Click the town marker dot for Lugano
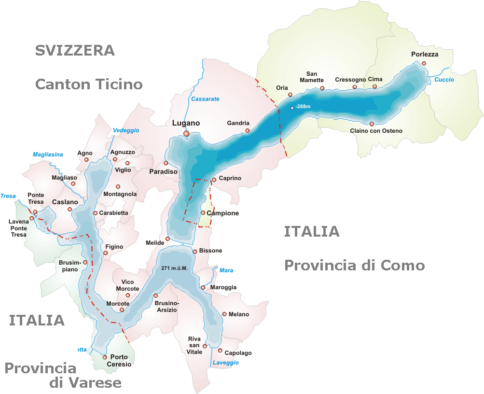click(186, 134)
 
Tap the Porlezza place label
click(425, 55)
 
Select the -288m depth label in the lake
click(304, 106)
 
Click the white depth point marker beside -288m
click(292, 108)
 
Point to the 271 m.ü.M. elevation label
click(174, 268)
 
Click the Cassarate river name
click(205, 99)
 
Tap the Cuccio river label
click(444, 80)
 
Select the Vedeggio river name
click(126, 130)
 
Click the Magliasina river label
click(48, 155)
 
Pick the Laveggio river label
click(226, 363)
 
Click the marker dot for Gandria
click(248, 130)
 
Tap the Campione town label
click(223, 213)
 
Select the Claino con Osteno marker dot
click(372, 124)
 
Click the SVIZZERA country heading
click(75, 50)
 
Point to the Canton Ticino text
click(89, 84)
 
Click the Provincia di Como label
click(354, 265)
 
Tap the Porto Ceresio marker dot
click(105, 357)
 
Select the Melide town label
click(155, 243)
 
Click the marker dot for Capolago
click(220, 351)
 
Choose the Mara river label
click(226, 270)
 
